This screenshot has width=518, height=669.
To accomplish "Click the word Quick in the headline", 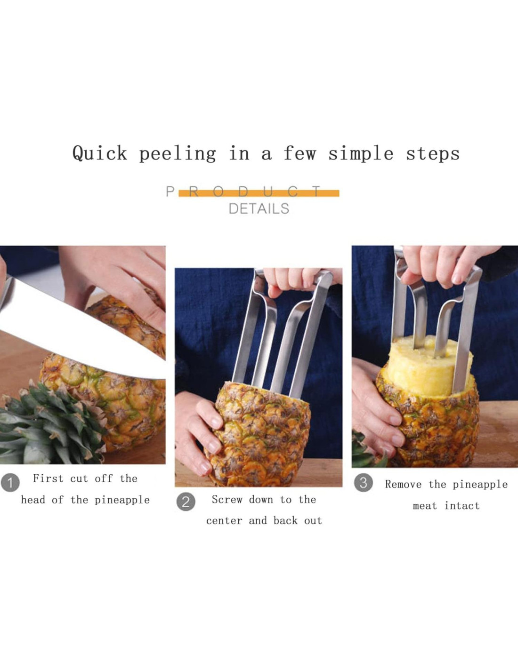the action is point(99,153).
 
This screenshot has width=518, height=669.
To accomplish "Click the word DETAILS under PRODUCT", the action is point(259,209).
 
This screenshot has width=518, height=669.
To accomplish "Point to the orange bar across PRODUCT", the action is point(259,193).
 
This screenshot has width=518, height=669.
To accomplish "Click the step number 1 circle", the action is point(10,483).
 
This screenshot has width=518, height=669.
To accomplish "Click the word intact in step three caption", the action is point(462,506).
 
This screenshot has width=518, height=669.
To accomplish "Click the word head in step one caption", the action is point(33,500).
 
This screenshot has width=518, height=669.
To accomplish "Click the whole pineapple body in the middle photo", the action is point(259,434).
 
